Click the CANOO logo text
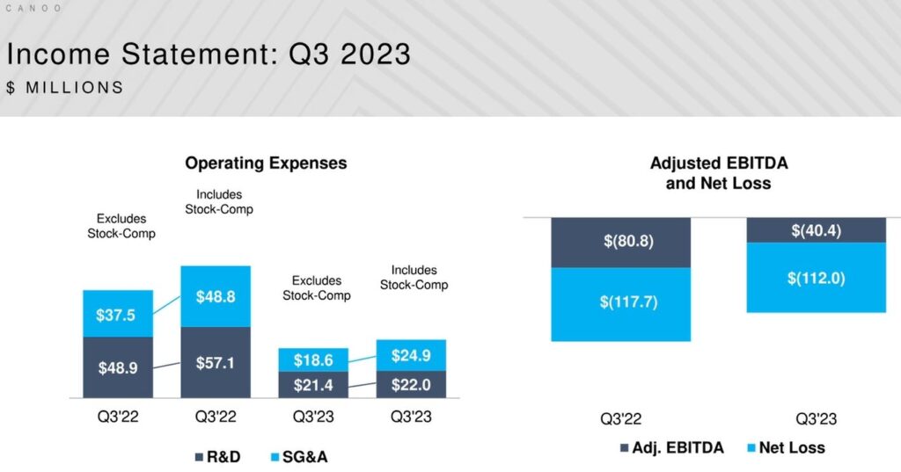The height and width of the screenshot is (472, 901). (33, 8)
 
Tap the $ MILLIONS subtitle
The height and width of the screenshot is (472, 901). (64, 88)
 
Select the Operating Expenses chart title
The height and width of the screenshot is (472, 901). (266, 163)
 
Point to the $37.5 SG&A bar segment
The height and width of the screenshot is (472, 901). (118, 315)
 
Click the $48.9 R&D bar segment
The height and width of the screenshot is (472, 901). (118, 367)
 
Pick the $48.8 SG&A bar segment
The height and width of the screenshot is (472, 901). (216, 297)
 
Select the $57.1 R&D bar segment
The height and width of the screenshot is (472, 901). (216, 362)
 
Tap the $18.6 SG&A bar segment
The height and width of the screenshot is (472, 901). (313, 360)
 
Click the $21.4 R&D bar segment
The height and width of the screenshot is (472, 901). (313, 385)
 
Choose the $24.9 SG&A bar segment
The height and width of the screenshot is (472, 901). (411, 355)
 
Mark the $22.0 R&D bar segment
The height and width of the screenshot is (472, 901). (411, 384)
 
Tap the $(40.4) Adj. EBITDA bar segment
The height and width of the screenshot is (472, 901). (816, 230)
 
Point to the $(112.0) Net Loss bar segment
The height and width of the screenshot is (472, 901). (816, 278)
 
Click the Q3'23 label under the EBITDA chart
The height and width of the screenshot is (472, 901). (815, 419)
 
